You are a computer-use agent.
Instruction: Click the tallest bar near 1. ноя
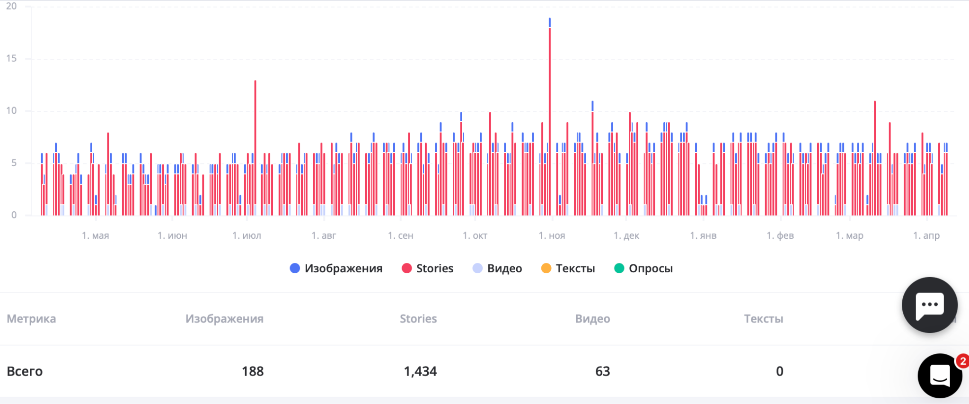[x=549, y=118]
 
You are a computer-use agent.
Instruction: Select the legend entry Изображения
[x=336, y=269]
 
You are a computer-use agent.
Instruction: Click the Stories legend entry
[x=428, y=269]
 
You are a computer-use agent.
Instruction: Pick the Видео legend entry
[x=497, y=269]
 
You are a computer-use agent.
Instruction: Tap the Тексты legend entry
[x=568, y=269]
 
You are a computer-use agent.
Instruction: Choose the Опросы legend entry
[x=643, y=269]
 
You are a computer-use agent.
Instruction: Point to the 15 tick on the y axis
[x=11, y=59]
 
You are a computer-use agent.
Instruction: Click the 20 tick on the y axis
[x=11, y=6]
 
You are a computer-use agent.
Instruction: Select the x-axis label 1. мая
[x=96, y=235]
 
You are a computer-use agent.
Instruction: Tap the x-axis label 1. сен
[x=401, y=235]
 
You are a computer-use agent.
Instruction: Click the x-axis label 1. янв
[x=703, y=235]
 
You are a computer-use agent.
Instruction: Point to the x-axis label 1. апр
[x=926, y=235]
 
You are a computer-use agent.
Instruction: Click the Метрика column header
[x=31, y=319]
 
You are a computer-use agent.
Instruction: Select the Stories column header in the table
[x=418, y=319]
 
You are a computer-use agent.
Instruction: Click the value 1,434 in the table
[x=420, y=371]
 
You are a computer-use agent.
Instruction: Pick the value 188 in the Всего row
[x=253, y=371]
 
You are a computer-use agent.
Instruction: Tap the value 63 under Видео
[x=602, y=371]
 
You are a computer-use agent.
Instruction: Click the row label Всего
[x=25, y=371]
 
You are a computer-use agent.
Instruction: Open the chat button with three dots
[x=930, y=305]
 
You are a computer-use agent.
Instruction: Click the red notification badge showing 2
[x=962, y=361]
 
